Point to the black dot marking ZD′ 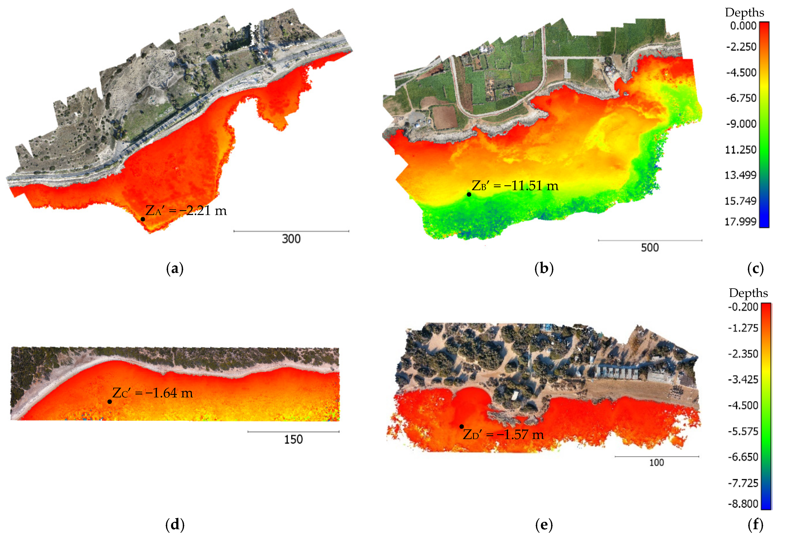pyautogui.click(x=461, y=426)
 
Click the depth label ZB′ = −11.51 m pyautogui.click(x=515, y=186)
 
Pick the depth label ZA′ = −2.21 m pyautogui.click(x=186, y=211)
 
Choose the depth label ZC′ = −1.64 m pyautogui.click(x=152, y=393)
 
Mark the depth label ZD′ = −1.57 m pyautogui.click(x=503, y=435)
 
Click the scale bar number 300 pyautogui.click(x=291, y=239)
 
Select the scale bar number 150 pyautogui.click(x=293, y=440)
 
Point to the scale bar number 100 pyautogui.click(x=657, y=463)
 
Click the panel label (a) pyautogui.click(x=175, y=269)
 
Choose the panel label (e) pyautogui.click(x=544, y=525)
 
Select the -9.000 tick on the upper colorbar pyautogui.click(x=741, y=124)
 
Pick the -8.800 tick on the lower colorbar pyautogui.click(x=743, y=504)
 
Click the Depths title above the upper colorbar pyautogui.click(x=744, y=13)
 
